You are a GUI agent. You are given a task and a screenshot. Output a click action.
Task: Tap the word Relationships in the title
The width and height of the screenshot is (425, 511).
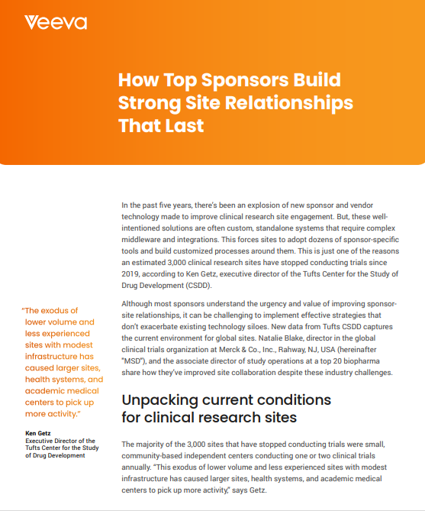[x=288, y=102]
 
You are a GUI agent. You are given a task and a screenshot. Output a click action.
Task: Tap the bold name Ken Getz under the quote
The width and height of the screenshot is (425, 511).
[x=39, y=434]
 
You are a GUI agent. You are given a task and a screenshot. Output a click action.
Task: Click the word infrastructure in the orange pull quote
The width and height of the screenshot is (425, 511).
[x=61, y=356]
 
